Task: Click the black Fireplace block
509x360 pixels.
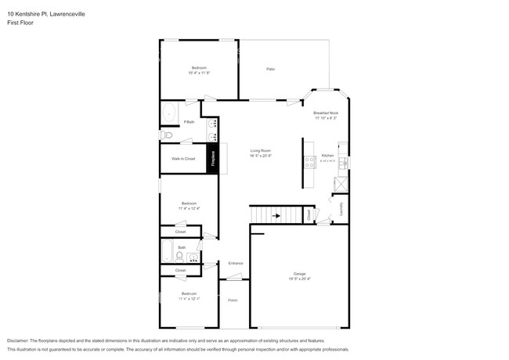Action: (x=211, y=158)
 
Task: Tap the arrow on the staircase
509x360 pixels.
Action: (x=276, y=214)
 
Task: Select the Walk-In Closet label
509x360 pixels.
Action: (x=183, y=159)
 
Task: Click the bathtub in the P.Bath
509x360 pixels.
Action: (x=169, y=114)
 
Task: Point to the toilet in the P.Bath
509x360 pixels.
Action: (x=165, y=135)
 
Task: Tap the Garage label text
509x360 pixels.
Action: (x=299, y=273)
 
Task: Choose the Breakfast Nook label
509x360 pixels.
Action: (x=326, y=113)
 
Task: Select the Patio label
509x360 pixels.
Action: (x=270, y=69)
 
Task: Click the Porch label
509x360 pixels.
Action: (x=233, y=301)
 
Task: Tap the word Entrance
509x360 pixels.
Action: (x=236, y=263)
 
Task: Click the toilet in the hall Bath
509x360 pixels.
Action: (x=179, y=255)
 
